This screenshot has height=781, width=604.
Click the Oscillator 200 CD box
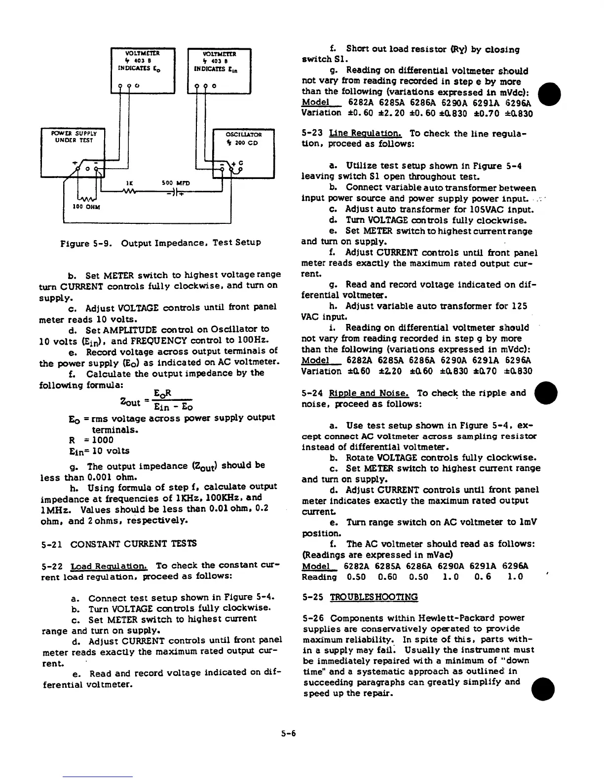tap(243, 153)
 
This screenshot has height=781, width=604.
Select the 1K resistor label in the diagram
tap(129, 183)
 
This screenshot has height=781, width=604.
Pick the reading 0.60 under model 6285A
tap(387, 577)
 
